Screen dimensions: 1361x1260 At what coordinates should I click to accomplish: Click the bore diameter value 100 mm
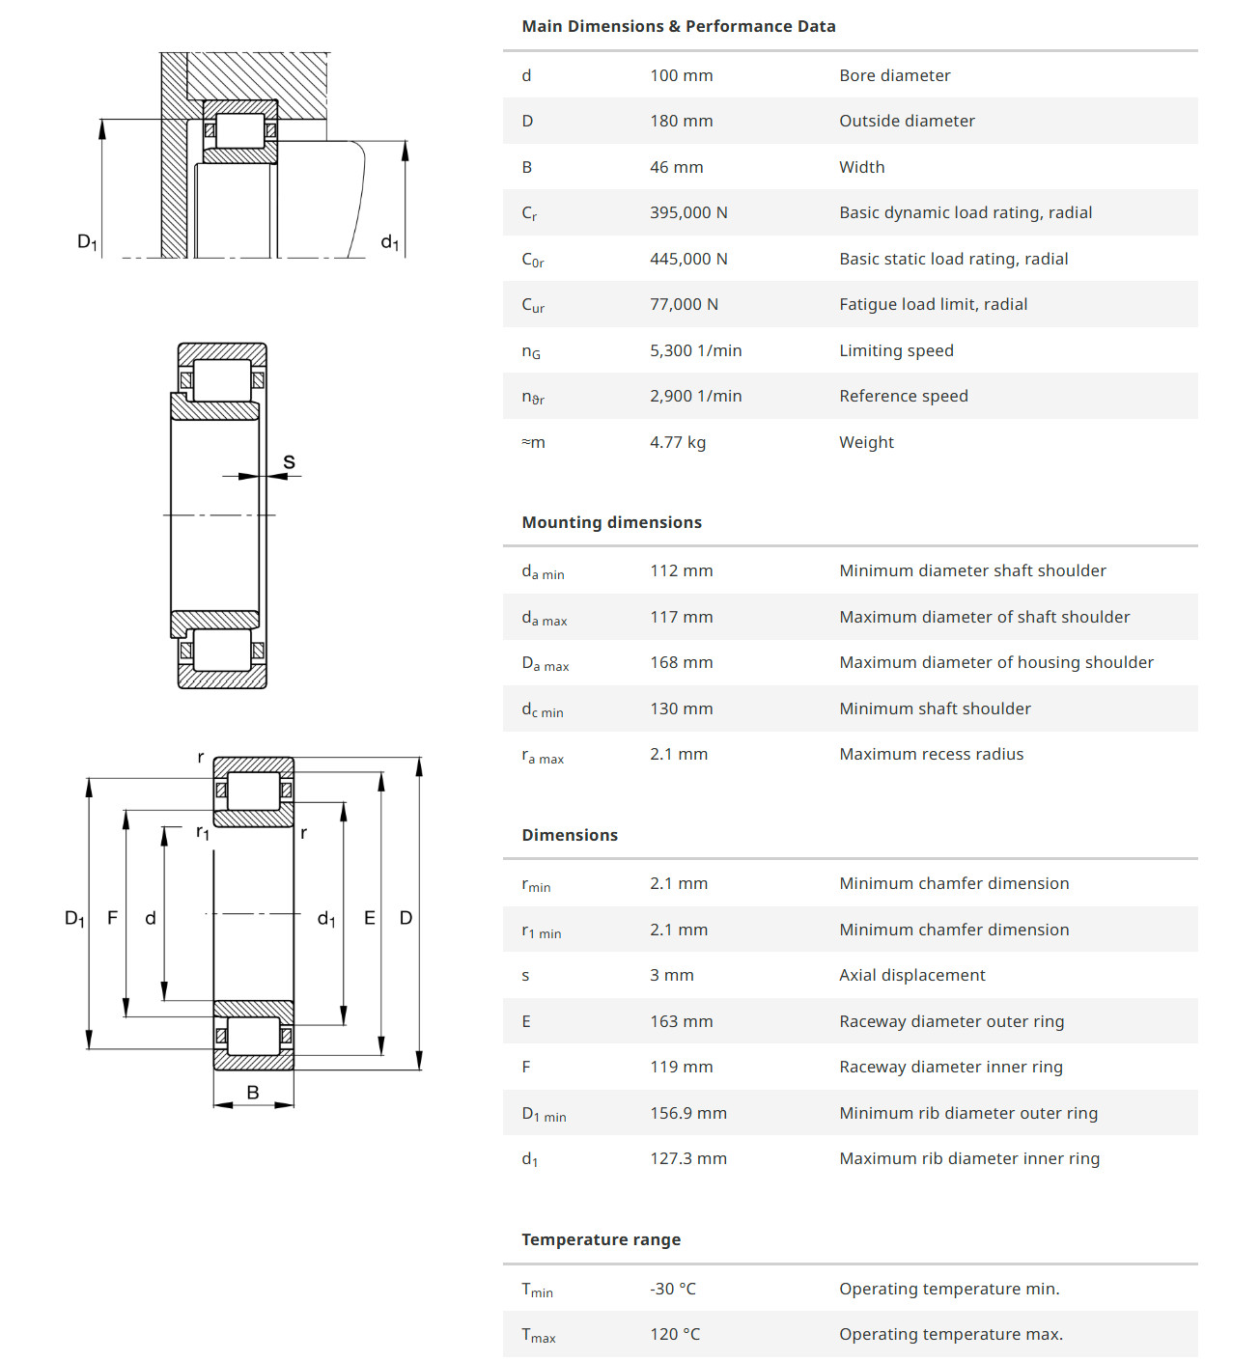[x=681, y=75]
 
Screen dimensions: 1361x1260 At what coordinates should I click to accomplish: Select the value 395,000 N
[x=688, y=212]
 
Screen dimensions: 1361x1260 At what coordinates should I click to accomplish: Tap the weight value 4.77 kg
[x=677, y=442]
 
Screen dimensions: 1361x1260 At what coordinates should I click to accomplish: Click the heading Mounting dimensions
[x=611, y=522]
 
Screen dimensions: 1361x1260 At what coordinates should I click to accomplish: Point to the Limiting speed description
[x=896, y=350]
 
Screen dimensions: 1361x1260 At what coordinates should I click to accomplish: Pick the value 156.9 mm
[x=687, y=1113]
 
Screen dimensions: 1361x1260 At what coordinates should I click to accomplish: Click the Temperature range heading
[x=601, y=1239]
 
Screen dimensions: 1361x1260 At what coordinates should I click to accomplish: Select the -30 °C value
[x=672, y=1289]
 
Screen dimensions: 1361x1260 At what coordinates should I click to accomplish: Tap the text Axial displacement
[x=911, y=975]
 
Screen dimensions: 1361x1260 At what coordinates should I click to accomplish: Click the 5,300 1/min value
[x=695, y=350]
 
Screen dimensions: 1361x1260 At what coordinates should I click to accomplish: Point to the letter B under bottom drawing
[x=253, y=1093]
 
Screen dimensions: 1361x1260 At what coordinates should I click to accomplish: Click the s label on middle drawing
[x=289, y=462]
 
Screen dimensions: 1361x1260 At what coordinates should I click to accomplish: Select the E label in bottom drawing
[x=369, y=918]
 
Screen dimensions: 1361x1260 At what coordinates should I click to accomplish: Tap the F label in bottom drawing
[x=112, y=918]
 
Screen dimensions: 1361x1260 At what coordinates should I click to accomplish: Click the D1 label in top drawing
[x=87, y=241]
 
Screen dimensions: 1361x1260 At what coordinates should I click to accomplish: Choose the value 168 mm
[x=681, y=662]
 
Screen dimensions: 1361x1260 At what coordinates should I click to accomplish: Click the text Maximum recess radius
[x=931, y=754]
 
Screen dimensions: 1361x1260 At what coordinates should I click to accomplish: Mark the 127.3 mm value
[x=687, y=1158]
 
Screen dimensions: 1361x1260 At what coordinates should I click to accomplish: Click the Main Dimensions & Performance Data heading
[x=678, y=26]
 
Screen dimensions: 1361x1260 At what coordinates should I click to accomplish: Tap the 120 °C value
[x=674, y=1334]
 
